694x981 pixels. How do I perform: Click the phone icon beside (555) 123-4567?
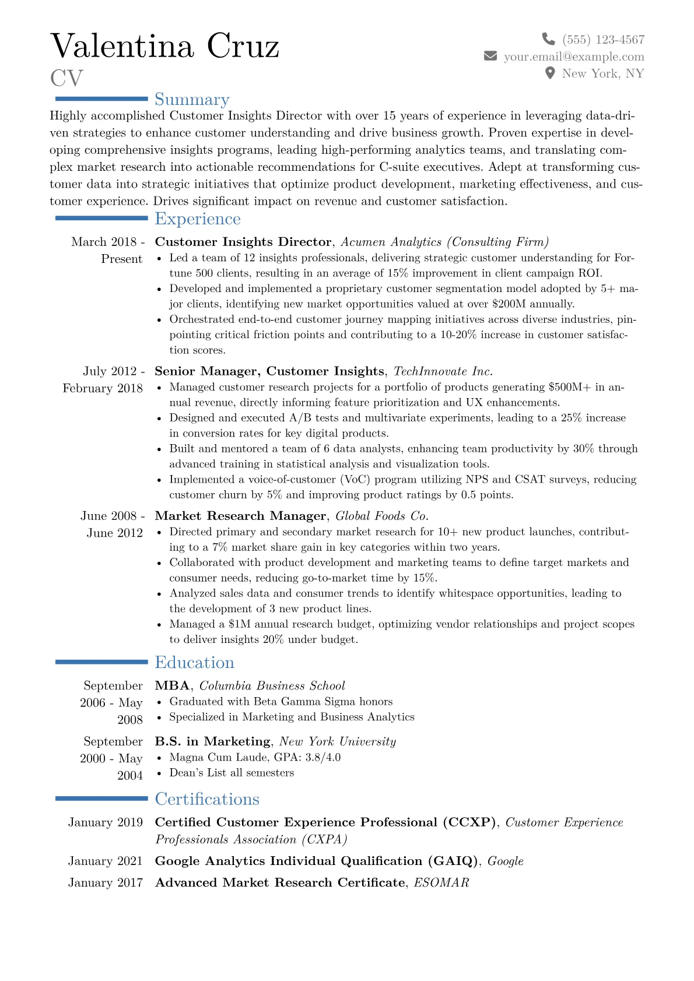point(548,39)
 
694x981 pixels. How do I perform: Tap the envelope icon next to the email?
point(490,56)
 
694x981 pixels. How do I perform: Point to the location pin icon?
point(549,73)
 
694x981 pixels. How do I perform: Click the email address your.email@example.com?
point(574,57)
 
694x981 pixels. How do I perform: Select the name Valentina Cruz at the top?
point(165,46)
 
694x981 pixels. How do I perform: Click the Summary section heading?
point(192,99)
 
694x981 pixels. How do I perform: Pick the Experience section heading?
point(198,219)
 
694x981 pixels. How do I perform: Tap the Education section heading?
point(194,662)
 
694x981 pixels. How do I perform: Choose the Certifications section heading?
point(207,799)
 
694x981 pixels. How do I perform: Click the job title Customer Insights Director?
point(243,242)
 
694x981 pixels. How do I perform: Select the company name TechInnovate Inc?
point(443,371)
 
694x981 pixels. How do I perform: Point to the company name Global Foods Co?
point(381,516)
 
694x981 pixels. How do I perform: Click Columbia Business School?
point(272,685)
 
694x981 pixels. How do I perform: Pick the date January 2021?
point(105,861)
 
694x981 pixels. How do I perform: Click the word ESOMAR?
point(441,882)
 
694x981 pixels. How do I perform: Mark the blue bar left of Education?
point(101,662)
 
